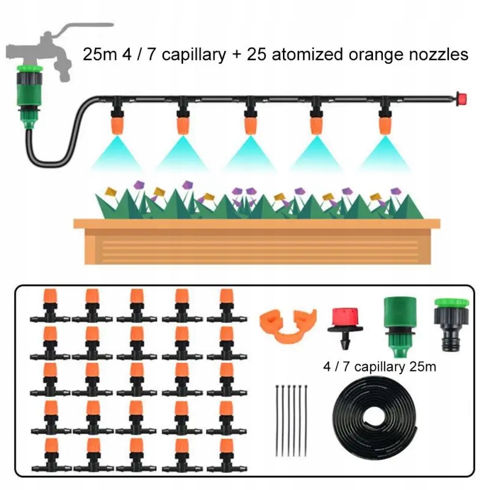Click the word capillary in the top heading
[194, 55]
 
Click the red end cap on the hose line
[461, 99]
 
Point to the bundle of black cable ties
[291, 420]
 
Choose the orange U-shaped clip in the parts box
[288, 326]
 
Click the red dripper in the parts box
[345, 328]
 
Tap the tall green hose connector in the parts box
[400, 326]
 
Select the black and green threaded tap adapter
[451, 325]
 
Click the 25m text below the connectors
[423, 366]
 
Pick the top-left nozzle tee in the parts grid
[50, 306]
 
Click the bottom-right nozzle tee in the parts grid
[227, 456]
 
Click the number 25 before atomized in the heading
[257, 55]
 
